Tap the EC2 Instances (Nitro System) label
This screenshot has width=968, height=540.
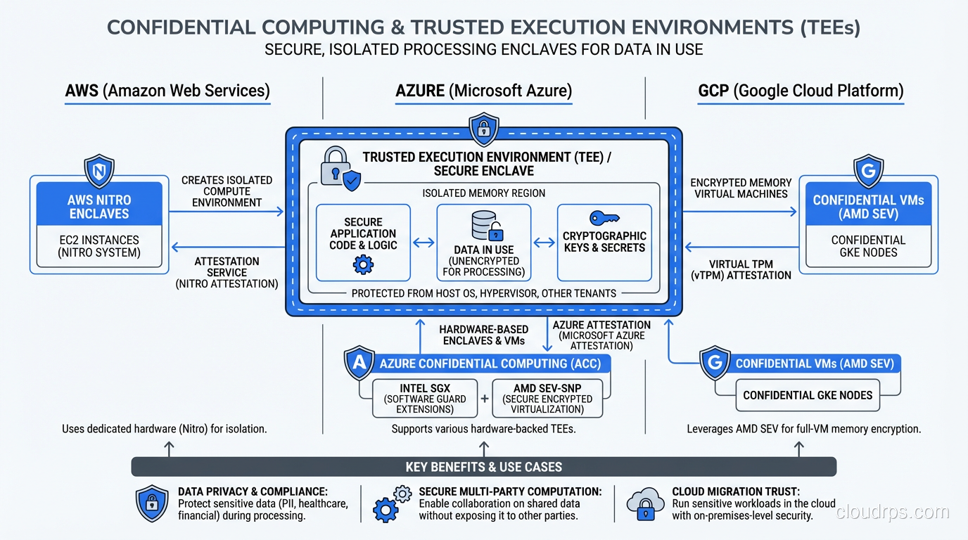pos(99,246)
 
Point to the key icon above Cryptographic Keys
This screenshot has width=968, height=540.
pos(604,217)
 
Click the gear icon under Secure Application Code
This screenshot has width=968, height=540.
pos(363,265)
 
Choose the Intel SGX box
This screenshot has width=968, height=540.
pos(424,399)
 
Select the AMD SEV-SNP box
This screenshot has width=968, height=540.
pos(547,399)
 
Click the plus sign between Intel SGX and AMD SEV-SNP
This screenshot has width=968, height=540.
pos(485,399)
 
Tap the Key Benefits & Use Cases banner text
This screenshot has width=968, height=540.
pos(484,467)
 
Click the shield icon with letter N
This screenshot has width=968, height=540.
pos(99,172)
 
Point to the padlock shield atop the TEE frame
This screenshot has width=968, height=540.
pos(483,129)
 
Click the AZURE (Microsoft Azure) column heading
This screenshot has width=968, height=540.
pos(483,91)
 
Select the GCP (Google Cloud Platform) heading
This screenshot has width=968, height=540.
pos(801,91)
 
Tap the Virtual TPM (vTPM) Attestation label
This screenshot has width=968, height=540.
pos(741,270)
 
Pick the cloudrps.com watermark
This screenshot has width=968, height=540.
pos(892,512)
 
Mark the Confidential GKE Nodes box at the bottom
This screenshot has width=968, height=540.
pos(808,395)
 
